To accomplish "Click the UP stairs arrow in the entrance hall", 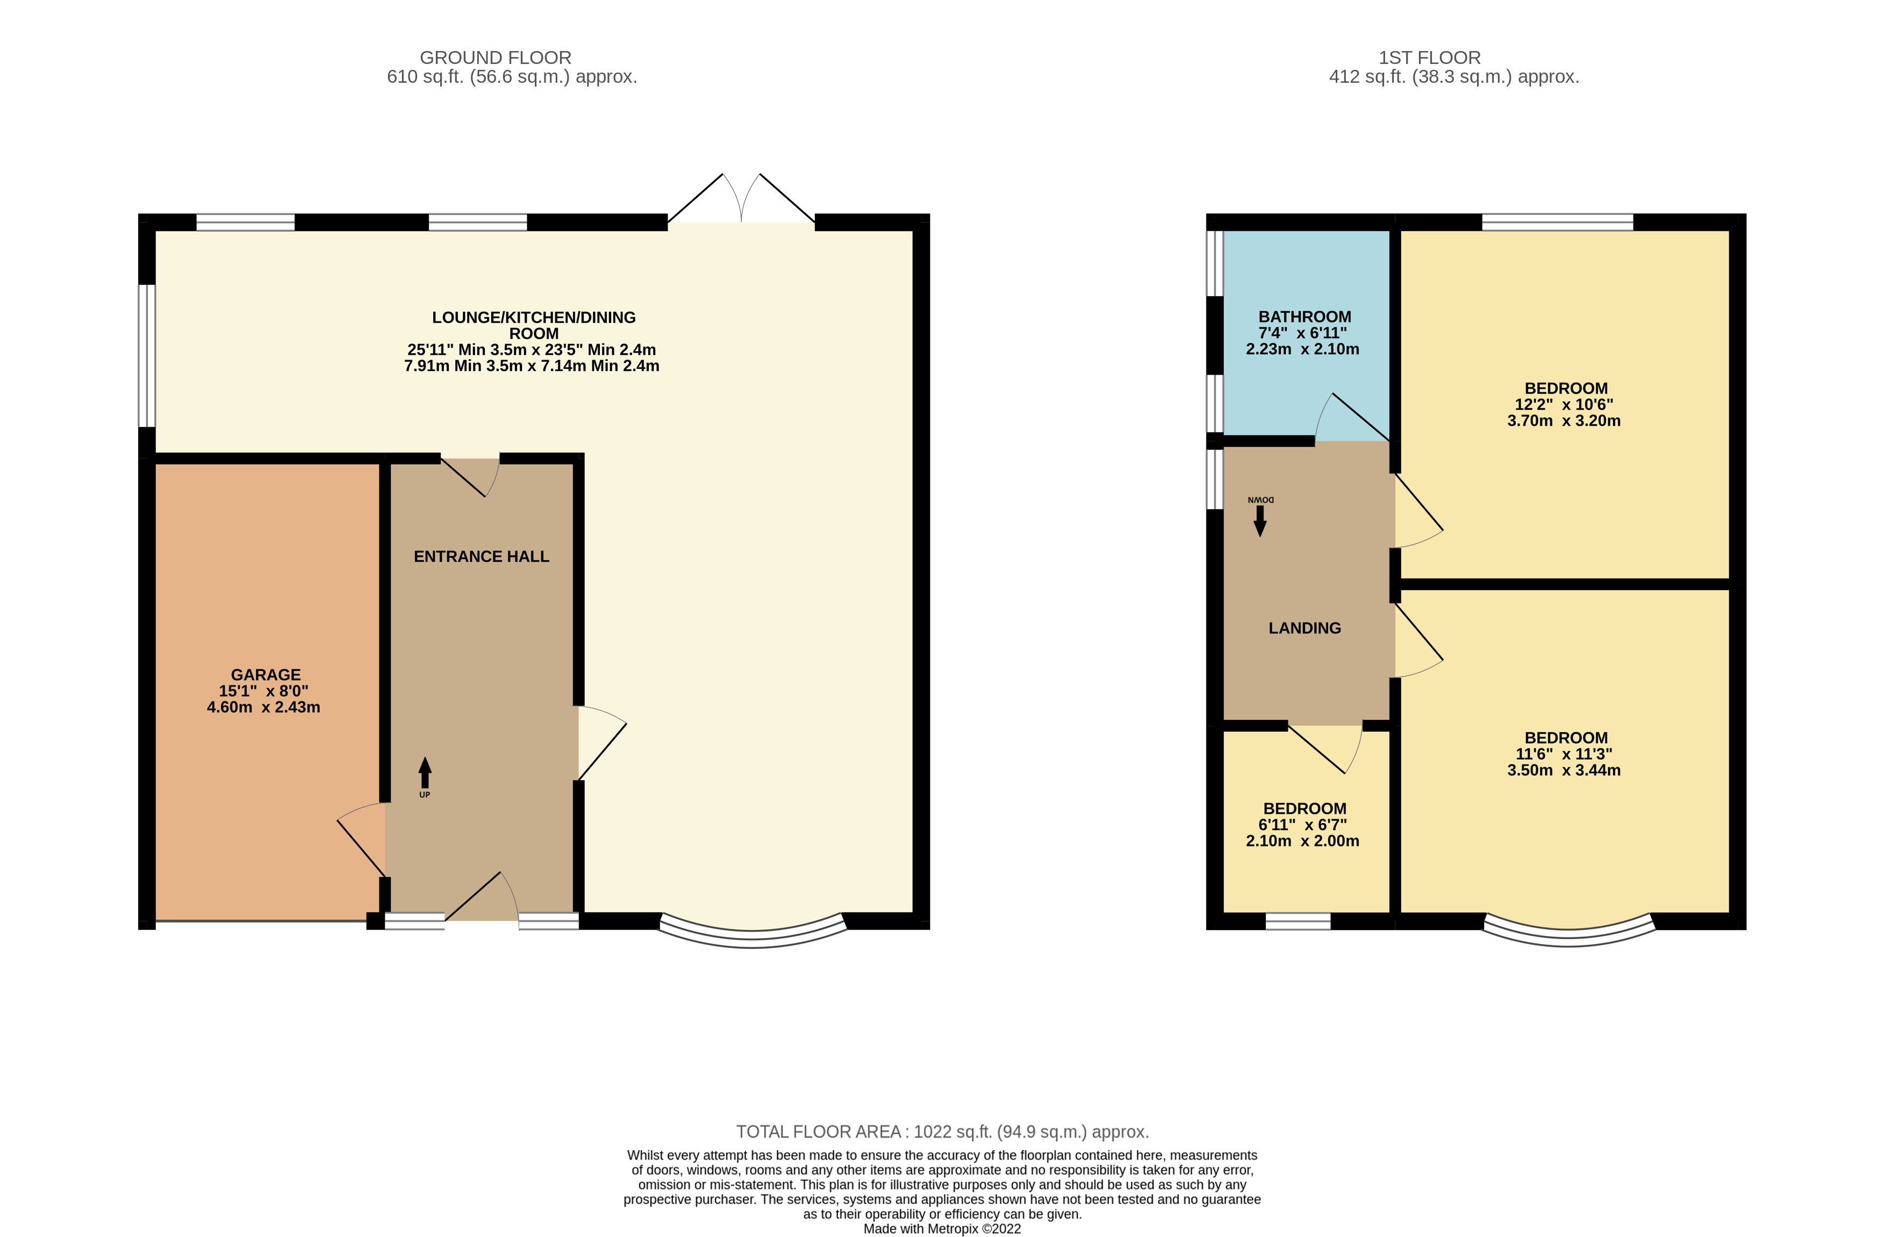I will pos(425,772).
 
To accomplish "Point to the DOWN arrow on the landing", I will pos(1259,520).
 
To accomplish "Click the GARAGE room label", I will pos(266,675).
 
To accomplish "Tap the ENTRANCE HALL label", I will pos(481,557).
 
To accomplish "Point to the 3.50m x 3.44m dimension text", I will pos(1564,770).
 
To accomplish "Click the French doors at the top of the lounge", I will pos(741,202).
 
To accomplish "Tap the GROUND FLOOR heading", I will pos(495,58).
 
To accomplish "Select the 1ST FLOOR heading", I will pos(1429,58).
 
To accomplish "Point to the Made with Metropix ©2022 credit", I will pos(942,1229).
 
